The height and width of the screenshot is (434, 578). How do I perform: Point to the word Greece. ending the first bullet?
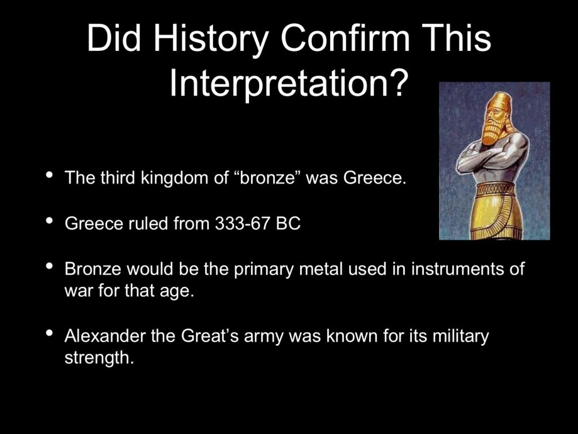(375, 178)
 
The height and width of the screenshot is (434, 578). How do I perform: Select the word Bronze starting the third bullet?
(93, 269)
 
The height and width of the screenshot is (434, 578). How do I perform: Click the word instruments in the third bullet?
(457, 269)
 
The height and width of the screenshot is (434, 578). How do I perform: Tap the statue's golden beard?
(493, 132)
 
